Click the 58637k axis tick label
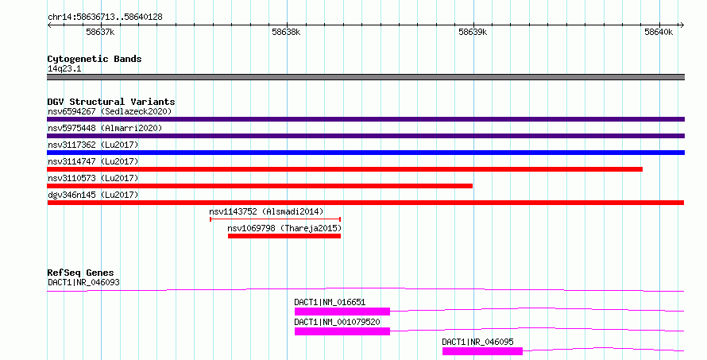point(100,32)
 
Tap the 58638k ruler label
point(286,32)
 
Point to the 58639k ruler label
point(473,32)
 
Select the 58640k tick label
point(659,32)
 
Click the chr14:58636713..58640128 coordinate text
point(105,17)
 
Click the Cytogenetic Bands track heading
point(95,59)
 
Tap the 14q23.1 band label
point(64,68)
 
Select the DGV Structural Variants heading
point(111,102)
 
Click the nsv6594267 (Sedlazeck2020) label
point(110,111)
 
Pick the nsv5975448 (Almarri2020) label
point(105,128)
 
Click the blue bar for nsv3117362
point(365,153)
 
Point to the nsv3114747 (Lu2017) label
point(93,161)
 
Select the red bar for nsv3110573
point(260,186)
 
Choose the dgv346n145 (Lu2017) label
point(93,195)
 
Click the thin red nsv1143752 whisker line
point(275,219)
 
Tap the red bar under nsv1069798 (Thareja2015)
point(284,236)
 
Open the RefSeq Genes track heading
point(81,273)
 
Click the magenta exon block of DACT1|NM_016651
point(342,312)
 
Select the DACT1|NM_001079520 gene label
point(337,322)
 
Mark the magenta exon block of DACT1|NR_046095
point(482,351)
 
